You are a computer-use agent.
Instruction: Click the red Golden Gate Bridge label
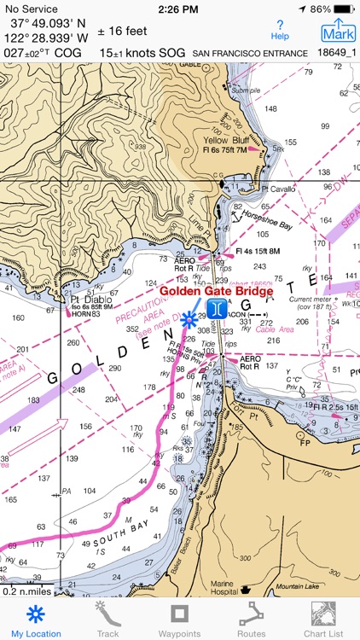click(x=217, y=291)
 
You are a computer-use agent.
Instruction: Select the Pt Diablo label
click(x=86, y=300)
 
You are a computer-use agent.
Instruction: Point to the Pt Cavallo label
click(x=276, y=188)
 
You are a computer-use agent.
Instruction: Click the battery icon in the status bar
click(x=344, y=9)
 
